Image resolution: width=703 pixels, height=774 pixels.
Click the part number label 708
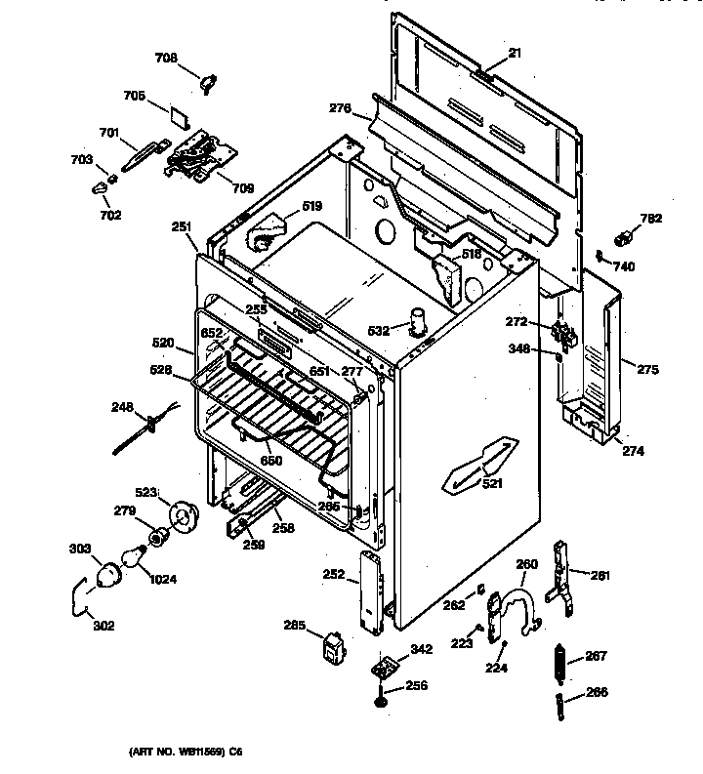167,59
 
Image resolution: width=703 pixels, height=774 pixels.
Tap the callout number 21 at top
514,54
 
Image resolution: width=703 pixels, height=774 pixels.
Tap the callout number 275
647,369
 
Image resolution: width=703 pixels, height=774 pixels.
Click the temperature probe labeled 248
146,426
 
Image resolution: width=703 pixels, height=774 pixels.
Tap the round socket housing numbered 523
181,514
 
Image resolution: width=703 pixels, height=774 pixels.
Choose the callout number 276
340,108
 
